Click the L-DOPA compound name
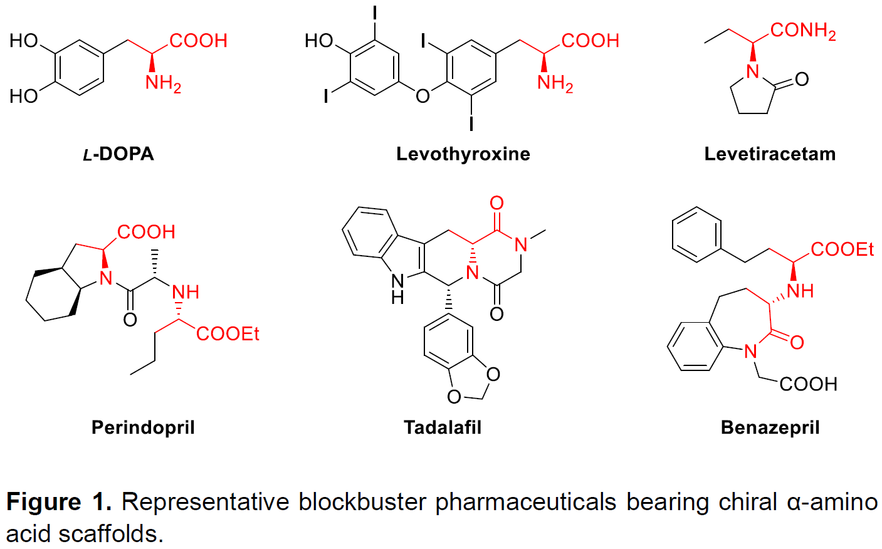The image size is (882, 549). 118,154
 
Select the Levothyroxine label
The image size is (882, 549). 463,154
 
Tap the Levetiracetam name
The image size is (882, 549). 770,154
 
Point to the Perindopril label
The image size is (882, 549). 143,427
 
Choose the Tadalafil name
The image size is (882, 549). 443,427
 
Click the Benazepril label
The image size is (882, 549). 770,427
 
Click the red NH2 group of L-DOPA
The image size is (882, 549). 163,83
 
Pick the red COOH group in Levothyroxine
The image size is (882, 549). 590,41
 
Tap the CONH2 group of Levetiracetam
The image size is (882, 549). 802,31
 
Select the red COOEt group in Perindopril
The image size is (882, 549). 228,334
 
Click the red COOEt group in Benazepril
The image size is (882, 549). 842,250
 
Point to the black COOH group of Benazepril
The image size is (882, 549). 808,384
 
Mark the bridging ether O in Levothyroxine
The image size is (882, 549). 423,96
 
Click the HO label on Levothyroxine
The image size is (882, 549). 318,41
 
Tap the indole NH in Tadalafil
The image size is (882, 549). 397,288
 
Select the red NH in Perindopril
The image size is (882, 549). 185,292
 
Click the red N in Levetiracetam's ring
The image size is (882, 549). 753,71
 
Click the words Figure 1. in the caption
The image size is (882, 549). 59,502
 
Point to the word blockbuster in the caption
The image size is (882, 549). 364,502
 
